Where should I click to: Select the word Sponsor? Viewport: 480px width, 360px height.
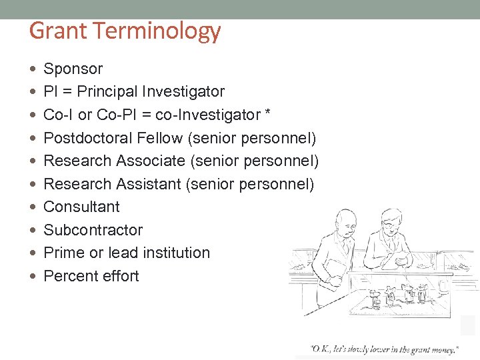click(73, 69)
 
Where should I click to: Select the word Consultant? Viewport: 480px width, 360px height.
click(81, 207)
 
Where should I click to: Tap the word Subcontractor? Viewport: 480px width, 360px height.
click(93, 230)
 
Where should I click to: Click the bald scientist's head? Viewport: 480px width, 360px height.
click(345, 219)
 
